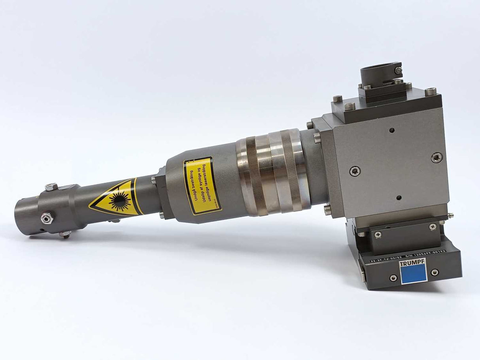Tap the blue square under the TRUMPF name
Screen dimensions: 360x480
click(x=413, y=273)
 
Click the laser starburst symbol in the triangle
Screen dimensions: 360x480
click(x=120, y=201)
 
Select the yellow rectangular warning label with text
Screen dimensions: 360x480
click(x=202, y=185)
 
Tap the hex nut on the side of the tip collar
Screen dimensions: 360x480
click(x=47, y=218)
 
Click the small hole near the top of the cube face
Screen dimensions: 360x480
click(x=391, y=130)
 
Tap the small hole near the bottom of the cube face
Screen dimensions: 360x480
click(x=399, y=198)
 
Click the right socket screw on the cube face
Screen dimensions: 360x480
click(x=437, y=158)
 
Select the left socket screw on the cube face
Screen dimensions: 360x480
click(x=355, y=171)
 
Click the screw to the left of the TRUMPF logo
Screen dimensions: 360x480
click(x=393, y=278)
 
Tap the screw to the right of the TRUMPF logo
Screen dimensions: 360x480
click(x=435, y=272)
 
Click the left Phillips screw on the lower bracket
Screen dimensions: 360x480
click(x=378, y=235)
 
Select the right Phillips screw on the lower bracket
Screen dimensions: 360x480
click(x=433, y=227)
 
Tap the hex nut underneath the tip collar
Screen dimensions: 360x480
click(x=66, y=235)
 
